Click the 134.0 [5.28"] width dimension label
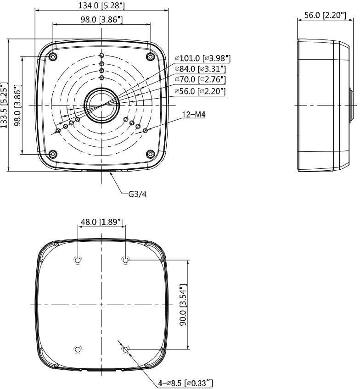point(101,6)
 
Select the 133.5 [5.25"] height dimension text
point(4,105)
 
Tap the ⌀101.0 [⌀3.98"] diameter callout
point(202,58)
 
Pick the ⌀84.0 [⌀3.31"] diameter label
point(200,69)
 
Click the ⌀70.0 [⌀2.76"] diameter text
point(200,80)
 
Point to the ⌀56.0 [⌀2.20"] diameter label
point(200,91)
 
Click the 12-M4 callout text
point(194,114)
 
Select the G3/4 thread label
point(137,194)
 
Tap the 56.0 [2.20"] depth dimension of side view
point(325,15)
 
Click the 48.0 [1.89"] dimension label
point(102,222)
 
